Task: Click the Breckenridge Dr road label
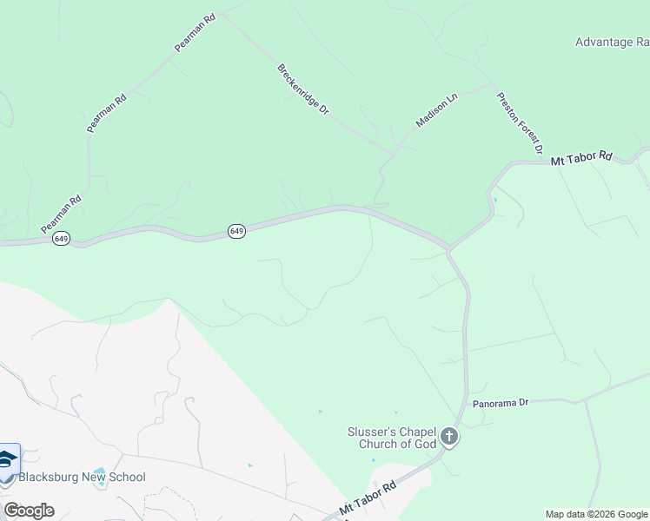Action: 303,90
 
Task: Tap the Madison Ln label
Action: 436,111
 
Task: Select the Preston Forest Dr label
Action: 519,123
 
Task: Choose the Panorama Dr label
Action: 501,404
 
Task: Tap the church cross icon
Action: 448,437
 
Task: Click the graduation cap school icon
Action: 8,460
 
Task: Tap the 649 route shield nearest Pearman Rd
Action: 61,238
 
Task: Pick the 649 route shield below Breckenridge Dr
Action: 237,230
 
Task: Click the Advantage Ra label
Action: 612,42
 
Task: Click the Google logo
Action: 29,511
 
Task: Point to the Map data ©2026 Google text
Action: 597,514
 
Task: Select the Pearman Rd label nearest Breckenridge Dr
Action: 195,32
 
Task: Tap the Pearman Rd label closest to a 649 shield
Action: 61,212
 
